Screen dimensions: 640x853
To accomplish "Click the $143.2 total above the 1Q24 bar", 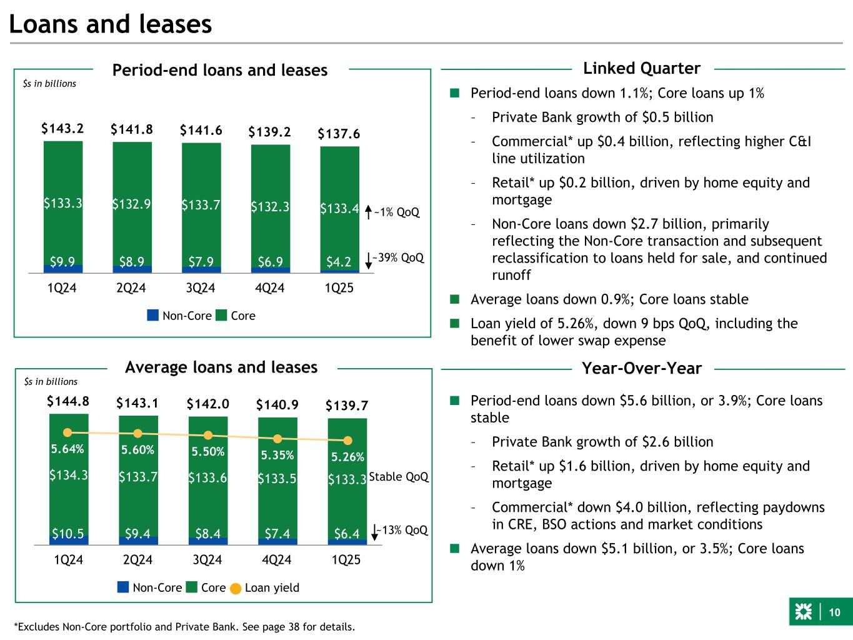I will [x=63, y=129].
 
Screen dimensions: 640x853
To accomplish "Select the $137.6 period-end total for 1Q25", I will [x=339, y=134].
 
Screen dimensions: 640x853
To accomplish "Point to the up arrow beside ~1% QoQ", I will [x=368, y=212].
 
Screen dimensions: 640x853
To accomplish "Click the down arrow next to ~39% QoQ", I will [x=368, y=259].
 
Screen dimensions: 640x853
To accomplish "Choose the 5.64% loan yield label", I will [x=67, y=449].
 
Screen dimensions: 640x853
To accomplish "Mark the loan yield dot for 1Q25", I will [x=347, y=441].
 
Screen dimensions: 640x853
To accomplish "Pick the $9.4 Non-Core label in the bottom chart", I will [x=137, y=534].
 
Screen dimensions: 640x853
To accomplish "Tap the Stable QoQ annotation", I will [x=399, y=477].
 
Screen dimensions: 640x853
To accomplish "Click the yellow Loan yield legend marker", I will [x=236, y=588].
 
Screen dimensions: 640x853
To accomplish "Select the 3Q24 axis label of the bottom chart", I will [x=207, y=561].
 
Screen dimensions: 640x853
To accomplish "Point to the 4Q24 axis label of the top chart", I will [x=270, y=288].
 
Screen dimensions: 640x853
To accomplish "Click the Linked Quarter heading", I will [x=641, y=68].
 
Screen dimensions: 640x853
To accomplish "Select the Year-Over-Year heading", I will [x=641, y=369].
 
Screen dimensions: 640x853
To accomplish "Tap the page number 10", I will [x=834, y=613].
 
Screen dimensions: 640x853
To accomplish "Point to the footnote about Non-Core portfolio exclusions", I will [x=184, y=626].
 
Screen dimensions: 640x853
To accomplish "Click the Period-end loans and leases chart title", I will [x=219, y=70].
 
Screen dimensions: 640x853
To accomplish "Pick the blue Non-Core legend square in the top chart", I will [x=153, y=316].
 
